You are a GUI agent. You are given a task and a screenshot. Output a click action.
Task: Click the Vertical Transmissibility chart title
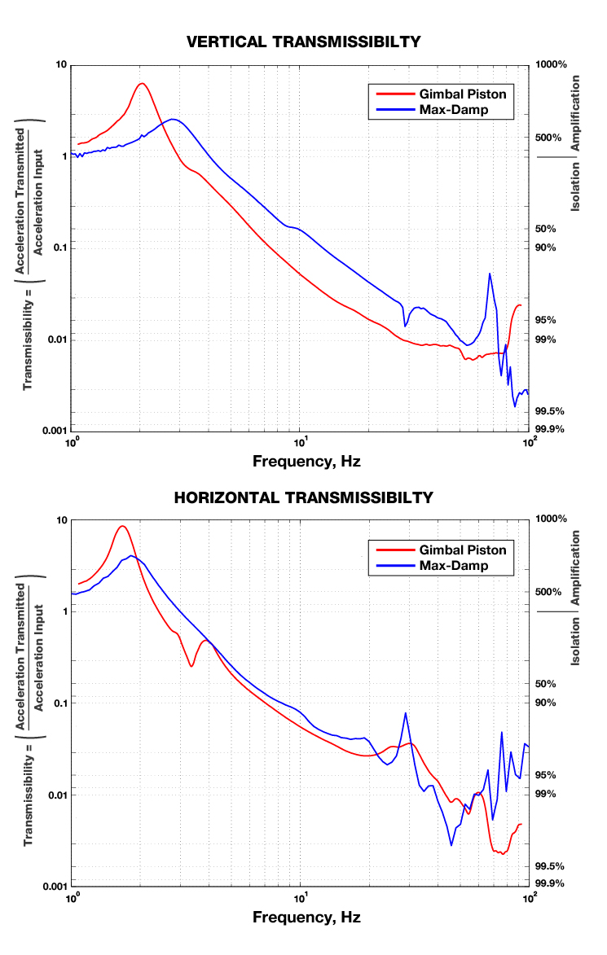point(303,42)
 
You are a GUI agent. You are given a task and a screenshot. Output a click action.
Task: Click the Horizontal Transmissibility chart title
point(303,497)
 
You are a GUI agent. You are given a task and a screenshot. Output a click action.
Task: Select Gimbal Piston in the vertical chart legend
point(462,94)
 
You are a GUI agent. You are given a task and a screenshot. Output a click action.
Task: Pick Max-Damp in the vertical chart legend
point(453,110)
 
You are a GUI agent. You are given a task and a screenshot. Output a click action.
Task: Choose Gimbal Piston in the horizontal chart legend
point(462,550)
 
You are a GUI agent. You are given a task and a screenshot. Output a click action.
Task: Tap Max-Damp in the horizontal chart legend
point(453,566)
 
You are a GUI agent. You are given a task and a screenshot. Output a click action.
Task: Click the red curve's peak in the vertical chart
point(142,84)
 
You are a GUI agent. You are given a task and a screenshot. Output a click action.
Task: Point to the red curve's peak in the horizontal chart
point(122,526)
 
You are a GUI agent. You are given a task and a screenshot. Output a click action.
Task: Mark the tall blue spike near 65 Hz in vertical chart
point(490,274)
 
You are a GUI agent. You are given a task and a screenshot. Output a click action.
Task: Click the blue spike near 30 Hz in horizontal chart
point(405,713)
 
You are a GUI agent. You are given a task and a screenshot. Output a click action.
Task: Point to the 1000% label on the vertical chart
point(551,64)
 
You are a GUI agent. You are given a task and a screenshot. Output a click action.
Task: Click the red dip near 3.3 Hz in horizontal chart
point(191,666)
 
